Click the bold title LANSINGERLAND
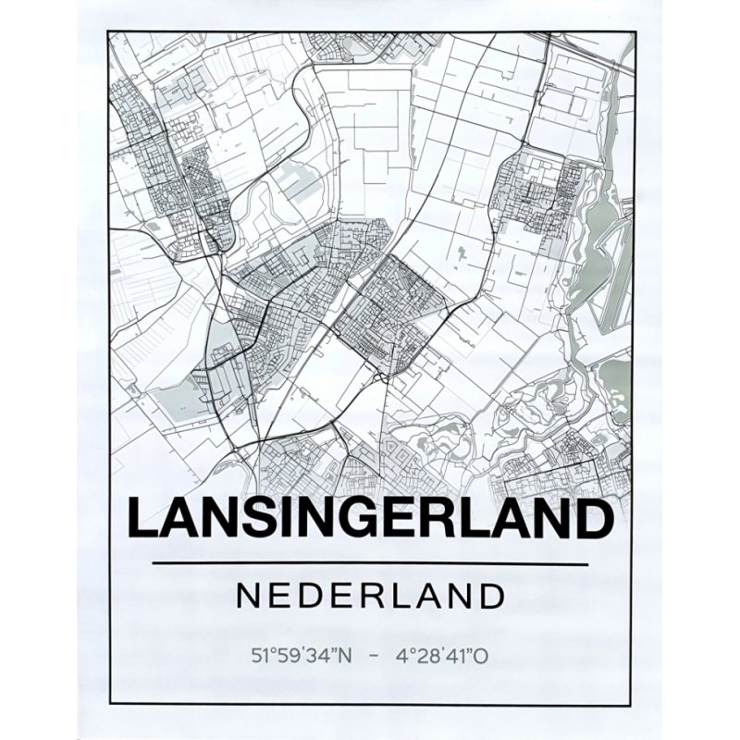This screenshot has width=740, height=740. pyautogui.click(x=370, y=519)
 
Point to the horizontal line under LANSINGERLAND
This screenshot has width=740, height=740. pyautogui.click(x=370, y=563)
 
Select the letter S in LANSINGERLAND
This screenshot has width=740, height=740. pyautogui.click(x=259, y=519)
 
